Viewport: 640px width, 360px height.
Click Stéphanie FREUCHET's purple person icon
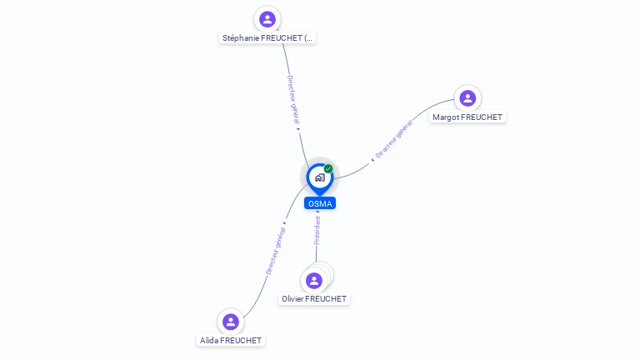click(x=267, y=19)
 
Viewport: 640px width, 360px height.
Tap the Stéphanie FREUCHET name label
click(x=267, y=38)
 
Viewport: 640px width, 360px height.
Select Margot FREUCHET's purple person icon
click(x=467, y=98)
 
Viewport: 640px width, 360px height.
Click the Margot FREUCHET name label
click(x=467, y=117)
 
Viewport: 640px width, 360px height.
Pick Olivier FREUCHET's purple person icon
click(x=314, y=281)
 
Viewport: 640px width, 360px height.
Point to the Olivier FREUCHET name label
click(x=314, y=299)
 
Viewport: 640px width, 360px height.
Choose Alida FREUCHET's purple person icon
click(x=231, y=322)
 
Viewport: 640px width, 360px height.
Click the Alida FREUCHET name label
click(x=231, y=340)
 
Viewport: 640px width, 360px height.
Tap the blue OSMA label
click(x=320, y=203)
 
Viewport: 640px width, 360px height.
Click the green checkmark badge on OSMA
click(x=328, y=168)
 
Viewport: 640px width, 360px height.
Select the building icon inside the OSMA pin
click(x=320, y=177)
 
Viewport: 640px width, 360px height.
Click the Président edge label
click(x=317, y=231)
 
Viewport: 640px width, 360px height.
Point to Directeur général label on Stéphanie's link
click(x=293, y=100)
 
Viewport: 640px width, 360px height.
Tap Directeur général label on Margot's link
click(x=394, y=139)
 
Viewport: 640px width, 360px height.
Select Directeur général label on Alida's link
click(x=276, y=251)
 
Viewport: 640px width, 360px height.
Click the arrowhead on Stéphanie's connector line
click(x=298, y=129)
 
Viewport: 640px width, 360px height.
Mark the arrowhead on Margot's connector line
click(x=372, y=160)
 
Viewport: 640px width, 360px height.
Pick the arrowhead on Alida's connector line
click(x=284, y=222)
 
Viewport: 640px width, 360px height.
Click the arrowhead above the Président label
click(x=317, y=212)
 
